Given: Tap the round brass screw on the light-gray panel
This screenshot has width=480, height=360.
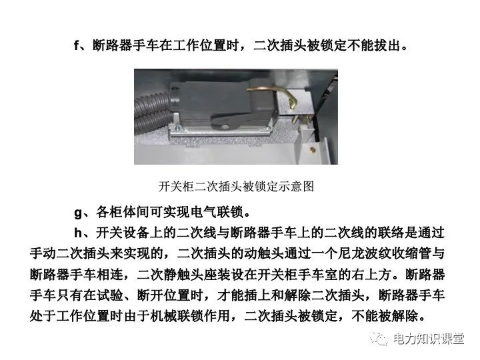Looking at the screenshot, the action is click(x=313, y=150).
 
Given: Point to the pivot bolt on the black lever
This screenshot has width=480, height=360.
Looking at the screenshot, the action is click(x=225, y=126).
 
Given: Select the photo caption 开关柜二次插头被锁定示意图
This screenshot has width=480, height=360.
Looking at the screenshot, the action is click(x=236, y=186).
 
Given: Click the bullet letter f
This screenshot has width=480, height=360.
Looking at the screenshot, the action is click(x=77, y=45).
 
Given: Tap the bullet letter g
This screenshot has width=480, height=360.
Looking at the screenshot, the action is click(x=78, y=213).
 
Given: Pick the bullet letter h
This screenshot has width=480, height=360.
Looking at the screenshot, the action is click(x=78, y=233).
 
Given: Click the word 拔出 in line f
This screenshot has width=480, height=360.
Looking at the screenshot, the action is click(x=388, y=45).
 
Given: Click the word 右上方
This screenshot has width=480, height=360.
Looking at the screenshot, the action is click(x=371, y=274).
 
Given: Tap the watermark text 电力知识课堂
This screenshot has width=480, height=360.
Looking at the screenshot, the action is click(x=428, y=339).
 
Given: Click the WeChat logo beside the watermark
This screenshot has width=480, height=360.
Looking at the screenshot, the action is click(x=379, y=339).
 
